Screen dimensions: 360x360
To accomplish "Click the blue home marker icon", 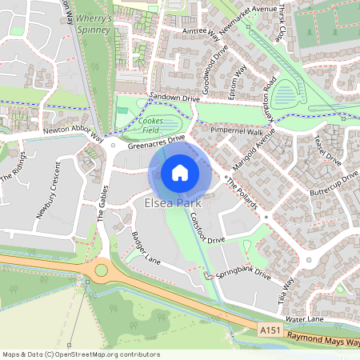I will (x=180, y=172).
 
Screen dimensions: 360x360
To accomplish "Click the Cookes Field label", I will (x=152, y=123).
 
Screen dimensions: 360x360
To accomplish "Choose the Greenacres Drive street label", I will (x=157, y=141).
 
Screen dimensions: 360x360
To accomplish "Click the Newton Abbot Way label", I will (x=74, y=134).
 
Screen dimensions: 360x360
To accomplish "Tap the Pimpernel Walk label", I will (x=237, y=130).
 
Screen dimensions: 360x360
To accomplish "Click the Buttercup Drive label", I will (x=335, y=186).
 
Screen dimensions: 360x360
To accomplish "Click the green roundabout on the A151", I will (x=102, y=270).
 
